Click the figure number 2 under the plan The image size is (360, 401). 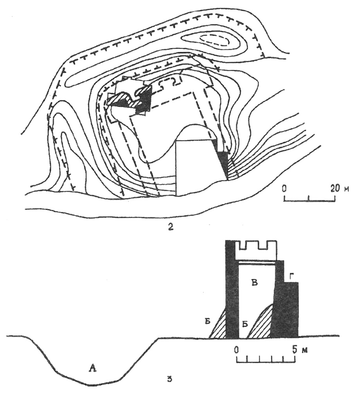click(171, 228)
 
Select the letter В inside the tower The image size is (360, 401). click(254, 283)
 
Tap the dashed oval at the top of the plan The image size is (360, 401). click(214, 41)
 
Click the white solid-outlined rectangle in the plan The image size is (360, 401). click(196, 167)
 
